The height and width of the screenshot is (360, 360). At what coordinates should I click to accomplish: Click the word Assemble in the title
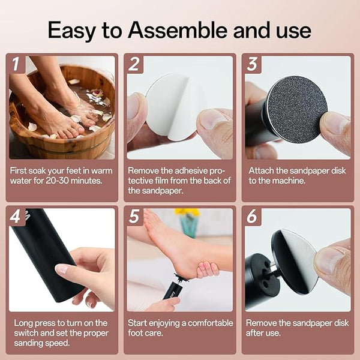coord(178,30)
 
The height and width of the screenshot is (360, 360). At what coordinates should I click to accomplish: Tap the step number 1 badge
coord(16,64)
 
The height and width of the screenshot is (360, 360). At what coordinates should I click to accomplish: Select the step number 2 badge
coord(134,64)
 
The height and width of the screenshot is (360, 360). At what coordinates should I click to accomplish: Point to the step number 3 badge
coord(252,64)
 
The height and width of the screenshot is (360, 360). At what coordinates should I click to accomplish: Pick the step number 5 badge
coord(134,216)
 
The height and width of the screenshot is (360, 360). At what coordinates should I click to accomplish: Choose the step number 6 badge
coord(252,216)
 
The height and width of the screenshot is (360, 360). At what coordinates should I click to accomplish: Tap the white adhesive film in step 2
coord(175,106)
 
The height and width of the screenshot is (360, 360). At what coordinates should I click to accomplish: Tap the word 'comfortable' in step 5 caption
coord(211,323)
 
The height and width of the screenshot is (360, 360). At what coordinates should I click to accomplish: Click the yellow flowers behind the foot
coord(187,212)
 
